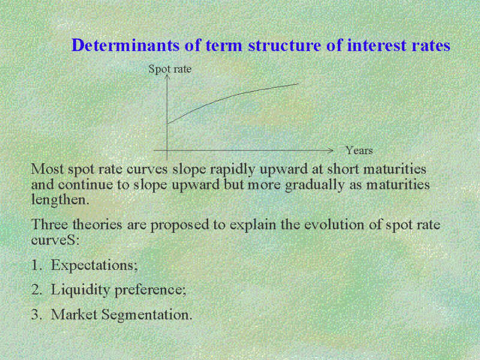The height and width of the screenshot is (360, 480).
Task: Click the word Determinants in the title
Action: (x=125, y=46)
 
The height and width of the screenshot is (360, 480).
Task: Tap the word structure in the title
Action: (x=284, y=46)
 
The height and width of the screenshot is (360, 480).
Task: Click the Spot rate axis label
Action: (x=170, y=69)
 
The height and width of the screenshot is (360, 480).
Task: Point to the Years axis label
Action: (x=359, y=151)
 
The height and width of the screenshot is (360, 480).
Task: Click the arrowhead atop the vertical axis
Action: (x=167, y=76)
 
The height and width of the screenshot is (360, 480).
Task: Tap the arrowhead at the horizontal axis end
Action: (x=331, y=151)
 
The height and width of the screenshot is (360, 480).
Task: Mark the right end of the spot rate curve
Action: (x=298, y=83)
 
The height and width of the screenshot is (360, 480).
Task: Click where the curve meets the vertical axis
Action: (x=167, y=124)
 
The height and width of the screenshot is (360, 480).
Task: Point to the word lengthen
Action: (x=60, y=200)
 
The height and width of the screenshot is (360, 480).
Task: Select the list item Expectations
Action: (x=94, y=265)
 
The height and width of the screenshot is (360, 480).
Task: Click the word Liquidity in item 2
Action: (x=80, y=290)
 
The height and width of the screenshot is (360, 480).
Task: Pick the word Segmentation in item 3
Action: (x=146, y=314)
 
